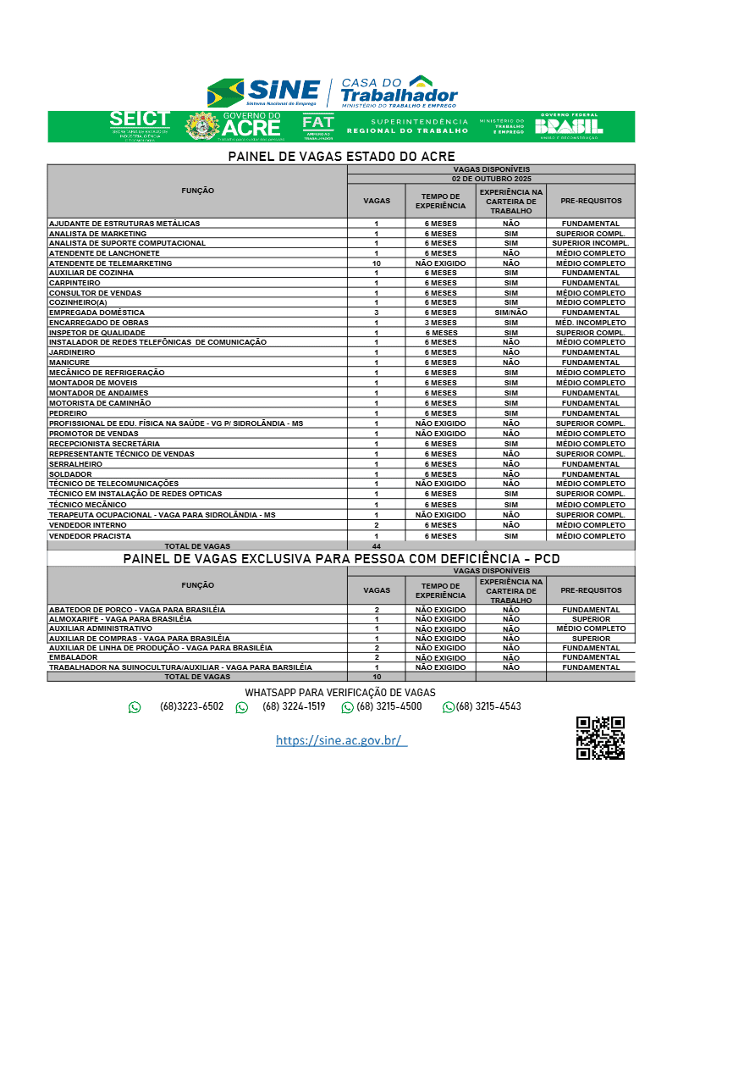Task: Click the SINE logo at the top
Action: pyautogui.click(x=264, y=91)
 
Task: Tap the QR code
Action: pyautogui.click(x=600, y=738)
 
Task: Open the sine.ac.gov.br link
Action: pyautogui.click(x=341, y=740)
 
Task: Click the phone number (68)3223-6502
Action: pyautogui.click(x=191, y=706)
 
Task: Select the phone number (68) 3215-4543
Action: pyautogui.click(x=488, y=706)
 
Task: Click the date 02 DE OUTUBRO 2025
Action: pyautogui.click(x=491, y=179)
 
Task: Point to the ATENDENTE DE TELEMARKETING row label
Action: pyautogui.click(x=111, y=263)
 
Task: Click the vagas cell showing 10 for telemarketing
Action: pyautogui.click(x=377, y=263)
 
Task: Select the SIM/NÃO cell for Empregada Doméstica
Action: pyautogui.click(x=510, y=313)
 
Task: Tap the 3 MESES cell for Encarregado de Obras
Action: pyautogui.click(x=440, y=323)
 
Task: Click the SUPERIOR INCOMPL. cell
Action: pyautogui.click(x=590, y=243)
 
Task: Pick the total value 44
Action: pyautogui.click(x=377, y=546)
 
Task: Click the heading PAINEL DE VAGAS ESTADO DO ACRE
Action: pyautogui.click(x=341, y=157)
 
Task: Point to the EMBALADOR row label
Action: pyautogui.click(x=74, y=657)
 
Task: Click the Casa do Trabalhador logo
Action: pyautogui.click(x=399, y=91)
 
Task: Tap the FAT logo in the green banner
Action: pyautogui.click(x=318, y=126)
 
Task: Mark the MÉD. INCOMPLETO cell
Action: pyautogui.click(x=590, y=323)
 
